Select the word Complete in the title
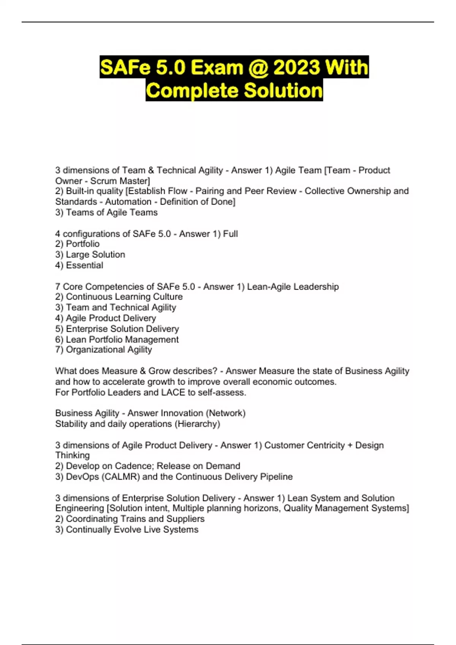tap(192, 91)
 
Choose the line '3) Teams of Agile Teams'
tap(106, 212)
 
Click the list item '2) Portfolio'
tap(78, 244)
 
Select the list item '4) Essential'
tap(79, 265)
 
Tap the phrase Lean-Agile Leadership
tap(293, 286)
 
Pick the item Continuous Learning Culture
tap(124, 297)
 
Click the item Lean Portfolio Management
tap(122, 340)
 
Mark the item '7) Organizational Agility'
tap(103, 350)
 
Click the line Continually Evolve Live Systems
tap(132, 530)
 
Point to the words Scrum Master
tap(120, 181)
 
